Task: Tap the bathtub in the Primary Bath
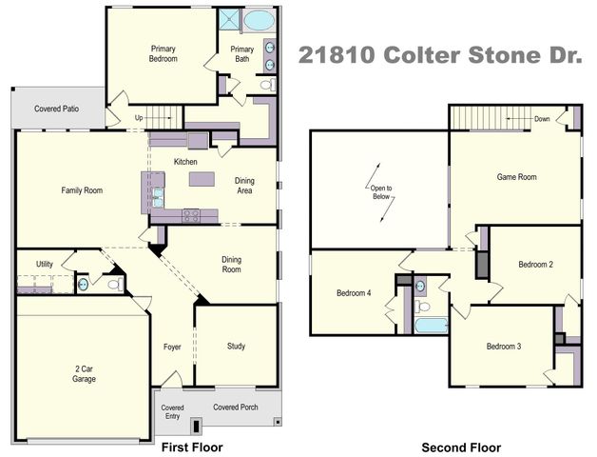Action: pos(258,20)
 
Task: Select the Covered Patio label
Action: pos(56,109)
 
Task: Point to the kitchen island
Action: pos(201,179)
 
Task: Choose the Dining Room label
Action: pos(231,265)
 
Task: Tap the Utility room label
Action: pos(44,264)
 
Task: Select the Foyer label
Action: pos(172,347)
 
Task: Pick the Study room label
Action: pos(237,347)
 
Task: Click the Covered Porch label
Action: pos(234,407)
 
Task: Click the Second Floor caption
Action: pos(461,447)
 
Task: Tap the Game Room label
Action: pos(517,177)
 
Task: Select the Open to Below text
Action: pos(382,195)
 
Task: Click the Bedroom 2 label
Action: pos(535,265)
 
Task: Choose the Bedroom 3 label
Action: pos(503,346)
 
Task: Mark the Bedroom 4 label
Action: pos(354,292)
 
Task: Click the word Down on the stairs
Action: pos(542,119)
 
